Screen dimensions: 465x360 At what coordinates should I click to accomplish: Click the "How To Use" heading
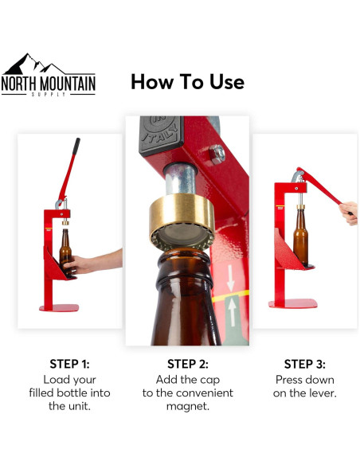[x=187, y=81]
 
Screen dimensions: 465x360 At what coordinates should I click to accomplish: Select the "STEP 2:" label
[x=187, y=364]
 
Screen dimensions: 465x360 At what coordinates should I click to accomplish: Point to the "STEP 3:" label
[x=304, y=364]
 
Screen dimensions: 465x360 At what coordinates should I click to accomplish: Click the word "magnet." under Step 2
[x=187, y=406]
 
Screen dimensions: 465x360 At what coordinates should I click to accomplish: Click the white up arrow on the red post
[x=233, y=312]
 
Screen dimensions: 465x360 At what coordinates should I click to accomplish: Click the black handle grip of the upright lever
[x=75, y=148]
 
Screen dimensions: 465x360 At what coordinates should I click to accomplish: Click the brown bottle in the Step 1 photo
[x=65, y=251]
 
